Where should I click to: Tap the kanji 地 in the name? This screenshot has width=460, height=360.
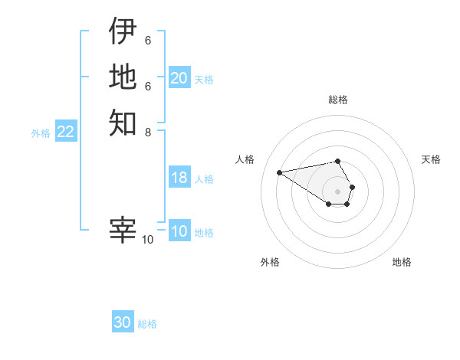coord(123,77)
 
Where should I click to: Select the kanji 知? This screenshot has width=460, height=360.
coord(123,123)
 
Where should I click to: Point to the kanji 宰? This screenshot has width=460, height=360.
coord(123,230)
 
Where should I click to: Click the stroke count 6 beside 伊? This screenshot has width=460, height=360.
coord(147,40)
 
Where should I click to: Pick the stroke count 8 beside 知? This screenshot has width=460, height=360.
coord(147,132)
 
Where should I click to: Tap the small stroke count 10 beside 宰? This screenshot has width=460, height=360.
coord(148,240)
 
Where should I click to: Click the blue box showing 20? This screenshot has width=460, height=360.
coord(179,78)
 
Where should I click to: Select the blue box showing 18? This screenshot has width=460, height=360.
coord(179,178)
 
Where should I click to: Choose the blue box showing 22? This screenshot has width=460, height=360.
coord(66,132)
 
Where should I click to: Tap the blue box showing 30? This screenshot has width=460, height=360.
coord(123,322)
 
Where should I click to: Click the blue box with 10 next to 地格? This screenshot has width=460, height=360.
coord(179,231)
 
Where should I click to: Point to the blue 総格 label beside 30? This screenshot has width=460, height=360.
coord(147,324)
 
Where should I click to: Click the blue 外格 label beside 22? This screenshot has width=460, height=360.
coord(41,133)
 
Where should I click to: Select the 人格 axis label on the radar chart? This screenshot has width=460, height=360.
coord(245,159)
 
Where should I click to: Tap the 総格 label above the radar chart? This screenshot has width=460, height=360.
coord(338,100)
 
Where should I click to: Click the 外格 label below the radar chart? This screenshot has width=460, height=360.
coord(270,262)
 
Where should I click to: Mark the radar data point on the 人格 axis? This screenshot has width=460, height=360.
coord(279,172)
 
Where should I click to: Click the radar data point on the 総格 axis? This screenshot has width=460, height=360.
coord(338,161)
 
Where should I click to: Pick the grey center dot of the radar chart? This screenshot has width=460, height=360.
coord(338,191)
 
